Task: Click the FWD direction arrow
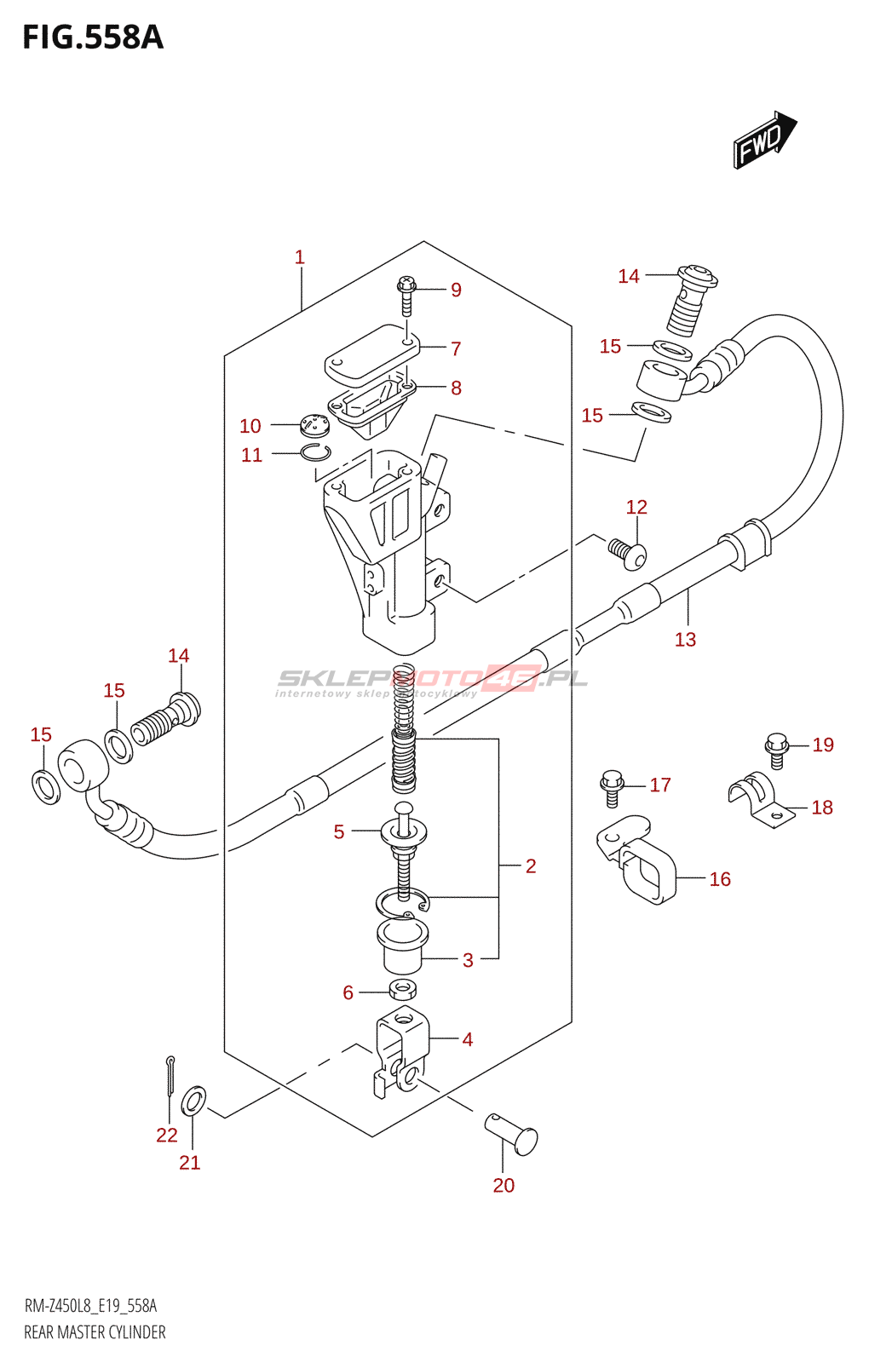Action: click(763, 140)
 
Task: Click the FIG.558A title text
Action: click(92, 37)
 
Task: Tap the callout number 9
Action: click(457, 290)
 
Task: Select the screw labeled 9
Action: click(406, 294)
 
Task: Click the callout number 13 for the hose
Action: click(685, 640)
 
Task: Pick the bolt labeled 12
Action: click(629, 552)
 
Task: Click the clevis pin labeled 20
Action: click(513, 1134)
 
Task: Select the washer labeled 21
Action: click(193, 1101)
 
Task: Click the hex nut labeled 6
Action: click(402, 990)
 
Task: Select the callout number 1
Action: click(300, 257)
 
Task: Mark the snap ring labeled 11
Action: click(315, 452)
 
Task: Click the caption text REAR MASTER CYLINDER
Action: click(95, 1332)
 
